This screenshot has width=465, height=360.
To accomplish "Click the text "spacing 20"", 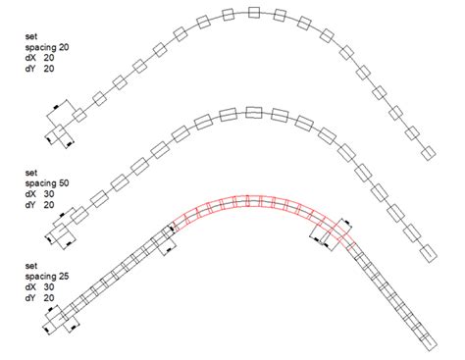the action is [x=47, y=47].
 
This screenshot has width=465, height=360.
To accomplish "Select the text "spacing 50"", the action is [x=47, y=183].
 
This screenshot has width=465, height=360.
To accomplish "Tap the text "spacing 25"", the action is [x=47, y=277].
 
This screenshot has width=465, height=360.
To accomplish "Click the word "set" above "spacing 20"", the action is [x=31, y=36].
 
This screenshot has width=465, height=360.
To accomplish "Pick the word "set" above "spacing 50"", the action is [x=31, y=173].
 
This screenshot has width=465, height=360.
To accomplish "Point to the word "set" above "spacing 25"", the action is [x=31, y=266].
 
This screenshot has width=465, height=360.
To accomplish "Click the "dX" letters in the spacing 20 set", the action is [x=30, y=58].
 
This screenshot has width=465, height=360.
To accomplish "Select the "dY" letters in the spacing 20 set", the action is [x=30, y=69].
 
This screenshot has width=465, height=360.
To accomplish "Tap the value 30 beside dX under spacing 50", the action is [x=49, y=194].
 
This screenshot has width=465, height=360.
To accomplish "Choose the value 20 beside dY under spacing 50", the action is [x=49, y=205].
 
